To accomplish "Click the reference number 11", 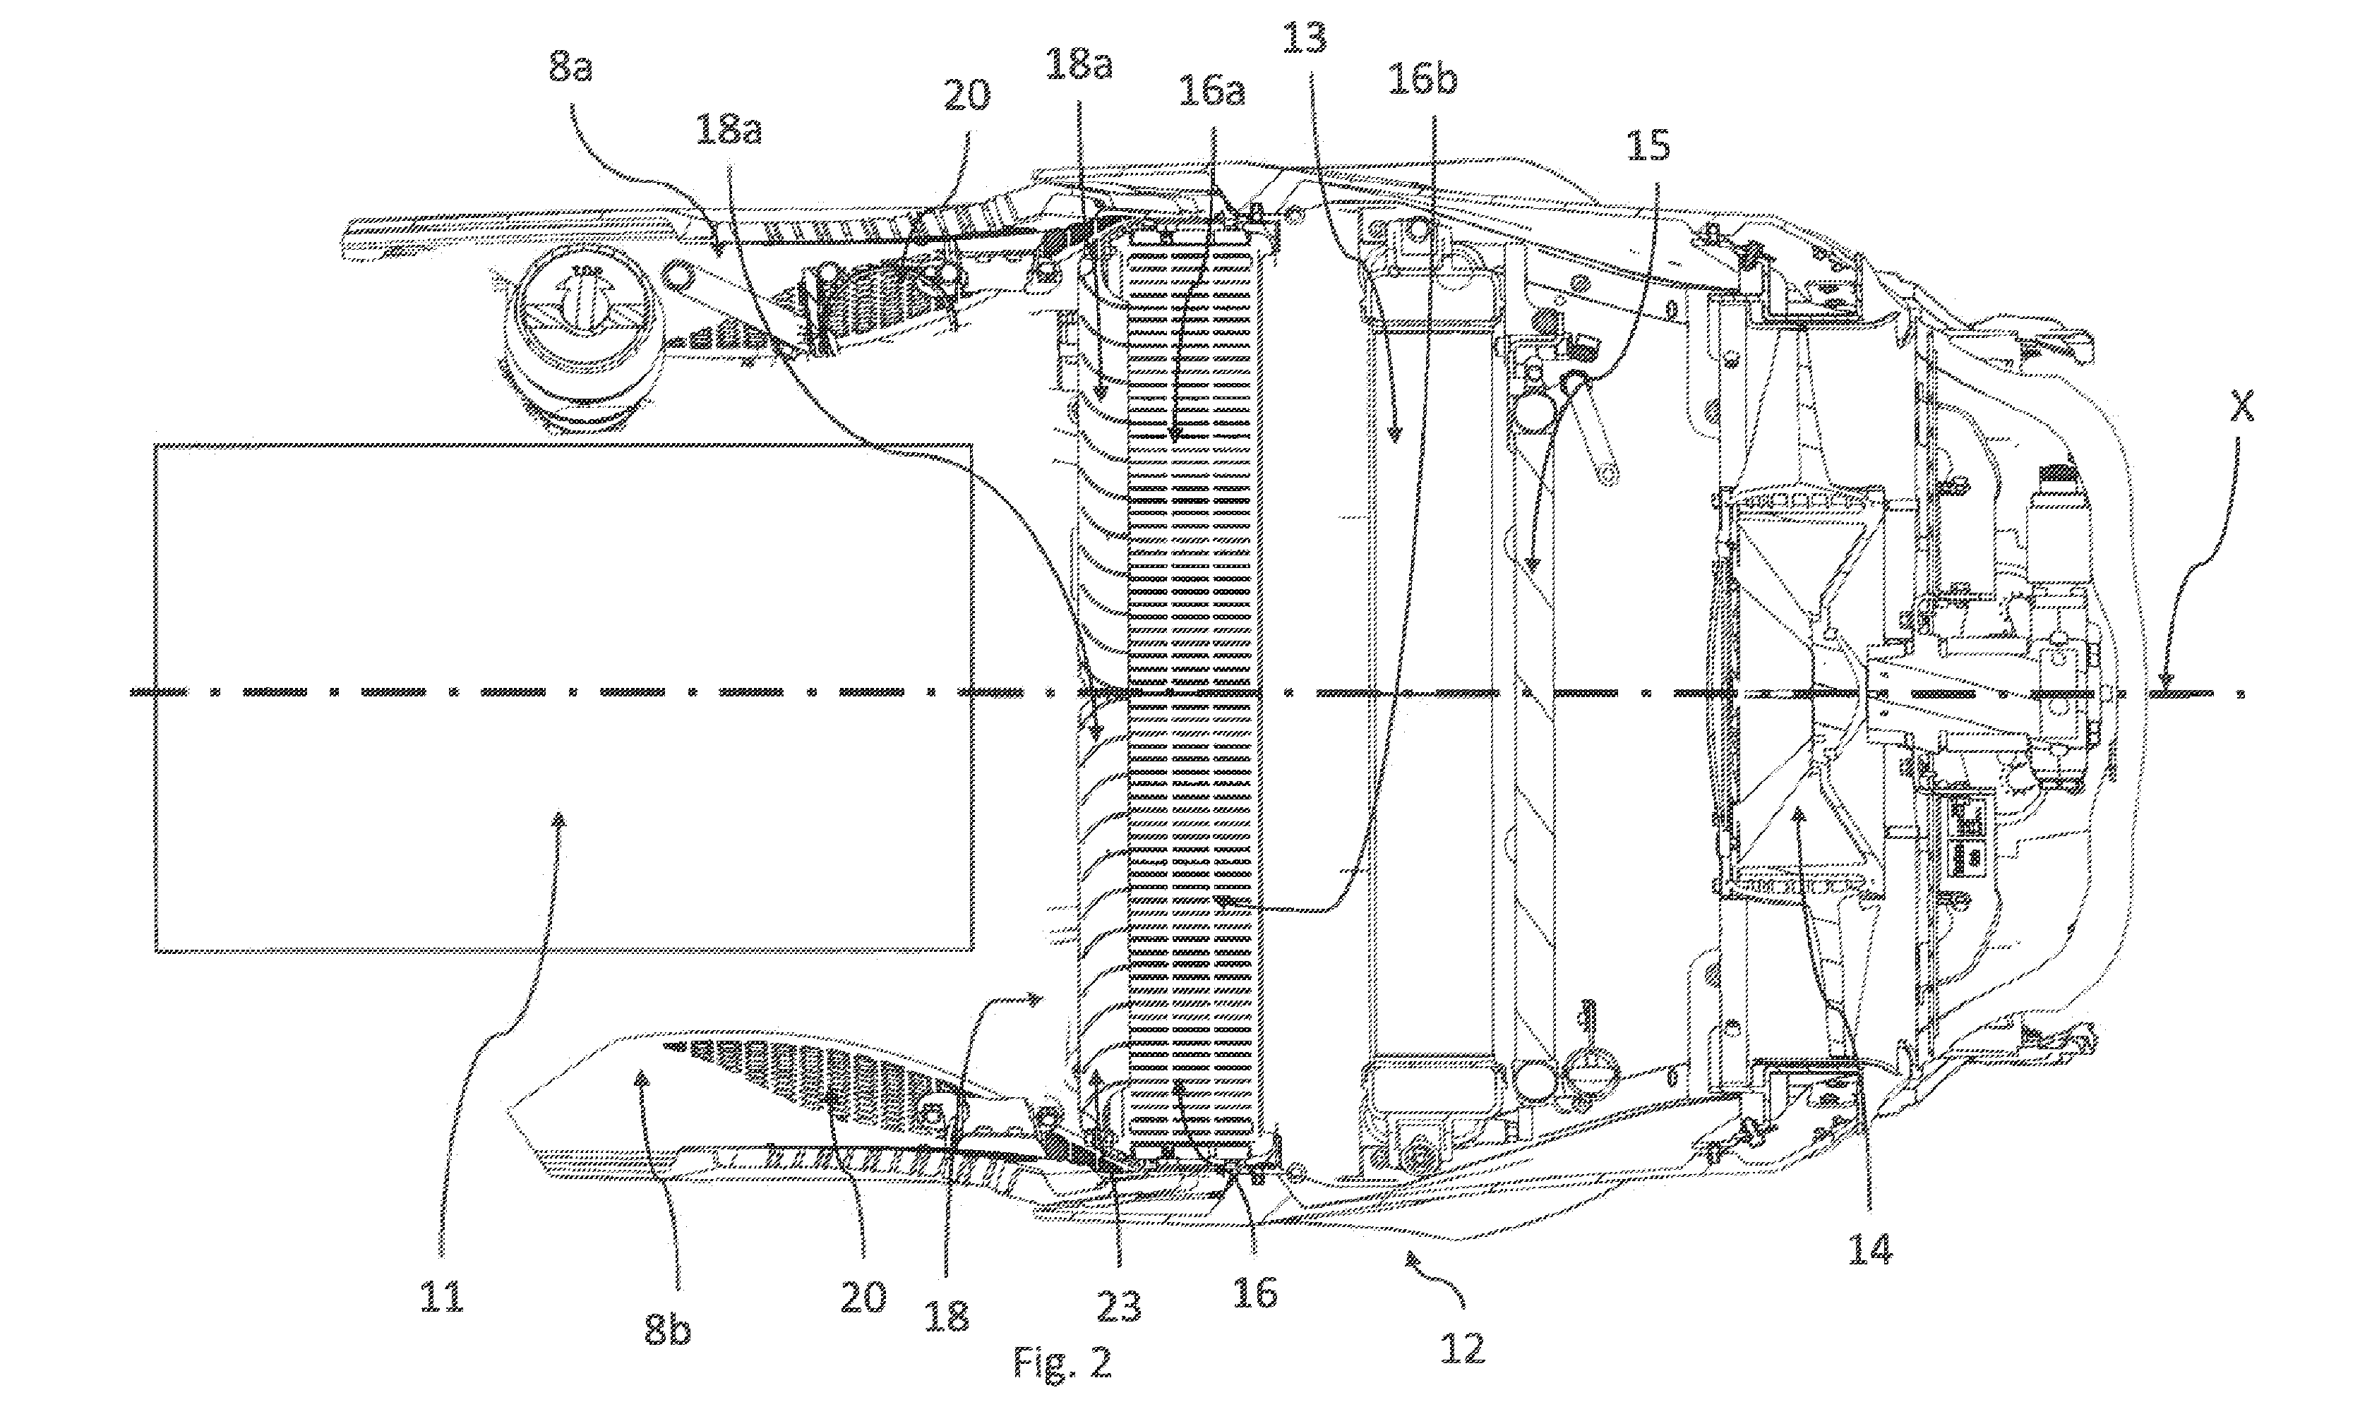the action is click(441, 1296).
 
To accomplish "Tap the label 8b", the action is click(667, 1330).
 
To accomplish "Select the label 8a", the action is click(570, 68).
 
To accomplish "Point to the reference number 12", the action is click(1461, 1348).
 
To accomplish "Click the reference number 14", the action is click(1869, 1250).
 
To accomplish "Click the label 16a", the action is click(1211, 92).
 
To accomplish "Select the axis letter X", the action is click(2243, 408).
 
